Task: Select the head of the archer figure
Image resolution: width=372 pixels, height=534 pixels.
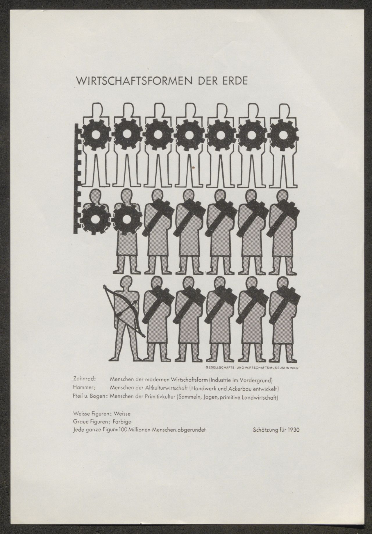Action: (126, 283)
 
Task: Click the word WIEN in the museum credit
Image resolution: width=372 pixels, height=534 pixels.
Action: (295, 367)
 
